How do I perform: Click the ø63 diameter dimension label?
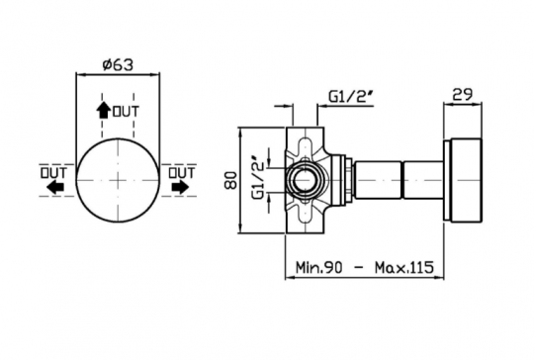118,64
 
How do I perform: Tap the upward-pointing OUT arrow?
103,111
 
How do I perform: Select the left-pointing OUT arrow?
54,187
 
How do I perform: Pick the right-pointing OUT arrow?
180,187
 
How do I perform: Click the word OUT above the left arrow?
53,173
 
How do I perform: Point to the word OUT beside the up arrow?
126,112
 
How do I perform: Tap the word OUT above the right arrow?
182,173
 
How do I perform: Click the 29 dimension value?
462,94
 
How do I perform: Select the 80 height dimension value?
230,180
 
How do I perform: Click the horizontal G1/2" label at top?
351,97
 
